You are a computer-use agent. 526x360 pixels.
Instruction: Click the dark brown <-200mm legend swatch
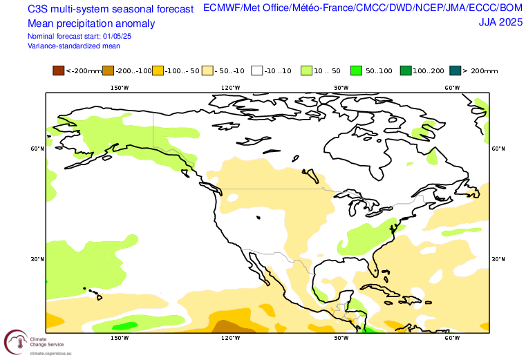coord(58,70)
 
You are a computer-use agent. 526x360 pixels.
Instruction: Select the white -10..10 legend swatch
coord(257,70)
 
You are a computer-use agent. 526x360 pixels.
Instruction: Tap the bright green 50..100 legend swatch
coord(357,70)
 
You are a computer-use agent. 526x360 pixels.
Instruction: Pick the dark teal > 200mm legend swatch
coord(454,70)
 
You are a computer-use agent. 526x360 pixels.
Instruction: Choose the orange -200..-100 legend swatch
coord(108,70)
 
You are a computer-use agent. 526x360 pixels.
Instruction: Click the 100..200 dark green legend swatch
coord(406,70)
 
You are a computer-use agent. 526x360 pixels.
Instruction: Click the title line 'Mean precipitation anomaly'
coord(91,23)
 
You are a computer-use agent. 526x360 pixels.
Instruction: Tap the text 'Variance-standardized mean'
coord(74,46)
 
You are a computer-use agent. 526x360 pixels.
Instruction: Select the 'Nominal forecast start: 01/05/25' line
coord(80,36)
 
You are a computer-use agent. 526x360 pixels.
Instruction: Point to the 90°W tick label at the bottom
coord(341,338)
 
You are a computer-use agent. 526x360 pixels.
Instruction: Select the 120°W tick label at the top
coord(230,87)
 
